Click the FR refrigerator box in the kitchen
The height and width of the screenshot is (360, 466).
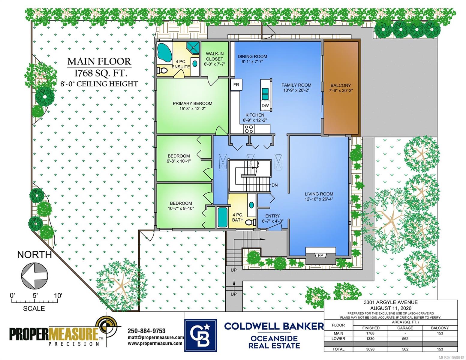pos(236,85)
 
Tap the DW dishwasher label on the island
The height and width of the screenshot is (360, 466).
pos(265,106)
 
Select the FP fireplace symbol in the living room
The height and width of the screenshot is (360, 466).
pos(320,255)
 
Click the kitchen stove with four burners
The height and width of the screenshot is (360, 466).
pos(249,129)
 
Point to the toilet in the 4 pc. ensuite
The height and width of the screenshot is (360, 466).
pos(162,70)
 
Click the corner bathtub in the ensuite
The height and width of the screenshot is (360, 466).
pos(164,53)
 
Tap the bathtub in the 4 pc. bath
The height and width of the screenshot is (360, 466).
pos(222,217)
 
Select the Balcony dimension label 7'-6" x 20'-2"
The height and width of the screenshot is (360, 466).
pos(341,91)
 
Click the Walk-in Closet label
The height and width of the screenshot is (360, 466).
pos(215,56)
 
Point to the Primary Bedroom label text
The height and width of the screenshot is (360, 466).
pos(192,103)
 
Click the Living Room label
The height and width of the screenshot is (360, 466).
pos(319,194)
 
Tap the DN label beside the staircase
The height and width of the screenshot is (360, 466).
pos(275,185)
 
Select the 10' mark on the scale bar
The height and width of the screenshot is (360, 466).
pos(58,296)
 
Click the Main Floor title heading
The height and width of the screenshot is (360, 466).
pos(99,61)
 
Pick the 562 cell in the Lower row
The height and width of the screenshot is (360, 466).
pos(405,339)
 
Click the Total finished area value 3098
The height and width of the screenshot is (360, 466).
pos(370,349)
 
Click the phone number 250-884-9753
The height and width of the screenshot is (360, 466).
pos(146,331)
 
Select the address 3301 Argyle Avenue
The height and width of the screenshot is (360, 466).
pos(391,302)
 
